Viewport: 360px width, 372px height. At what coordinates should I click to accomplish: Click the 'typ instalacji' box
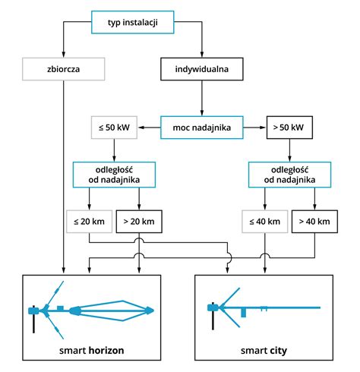tap(133, 22)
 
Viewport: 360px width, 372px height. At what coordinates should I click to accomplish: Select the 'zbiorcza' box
tap(64, 69)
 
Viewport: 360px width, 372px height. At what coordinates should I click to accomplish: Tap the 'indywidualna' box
tap(202, 69)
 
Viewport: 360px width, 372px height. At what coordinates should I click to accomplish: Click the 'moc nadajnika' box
tap(202, 128)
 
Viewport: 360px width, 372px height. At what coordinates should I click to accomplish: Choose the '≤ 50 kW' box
tap(114, 128)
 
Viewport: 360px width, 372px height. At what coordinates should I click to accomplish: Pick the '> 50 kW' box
tap(289, 128)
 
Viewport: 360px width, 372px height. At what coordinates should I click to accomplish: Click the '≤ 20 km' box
tap(89, 222)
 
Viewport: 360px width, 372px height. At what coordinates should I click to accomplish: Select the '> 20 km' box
tap(139, 222)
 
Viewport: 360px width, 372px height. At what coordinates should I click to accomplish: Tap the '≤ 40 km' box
tap(265, 222)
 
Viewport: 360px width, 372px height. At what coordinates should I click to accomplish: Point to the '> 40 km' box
tap(314, 222)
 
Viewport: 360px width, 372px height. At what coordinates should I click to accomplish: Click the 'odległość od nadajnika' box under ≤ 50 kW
tap(114, 175)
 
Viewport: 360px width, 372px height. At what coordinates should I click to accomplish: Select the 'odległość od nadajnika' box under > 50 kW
tap(289, 175)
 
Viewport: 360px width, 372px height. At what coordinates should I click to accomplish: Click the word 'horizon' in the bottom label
tap(106, 351)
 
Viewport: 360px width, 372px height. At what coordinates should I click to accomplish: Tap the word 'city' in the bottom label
tap(278, 351)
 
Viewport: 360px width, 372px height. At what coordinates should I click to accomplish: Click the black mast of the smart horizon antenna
tap(33, 320)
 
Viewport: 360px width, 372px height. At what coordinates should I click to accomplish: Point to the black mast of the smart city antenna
tap(213, 316)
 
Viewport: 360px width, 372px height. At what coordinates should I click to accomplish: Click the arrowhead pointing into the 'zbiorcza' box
tap(64, 55)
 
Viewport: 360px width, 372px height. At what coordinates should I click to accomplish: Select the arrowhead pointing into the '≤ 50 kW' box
tap(141, 128)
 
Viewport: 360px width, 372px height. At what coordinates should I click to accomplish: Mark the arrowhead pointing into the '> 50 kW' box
tap(264, 128)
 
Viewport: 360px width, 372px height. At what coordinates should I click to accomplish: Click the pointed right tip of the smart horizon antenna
tap(153, 311)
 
